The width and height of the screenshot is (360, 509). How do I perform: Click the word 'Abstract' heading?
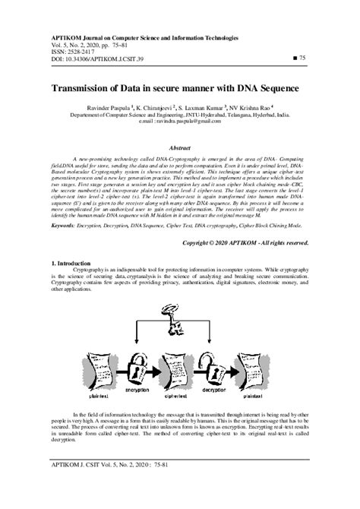[x=179, y=149]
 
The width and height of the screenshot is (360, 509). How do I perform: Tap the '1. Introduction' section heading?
[x=73, y=262]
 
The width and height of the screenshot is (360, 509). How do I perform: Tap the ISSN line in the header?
[x=72, y=50]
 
